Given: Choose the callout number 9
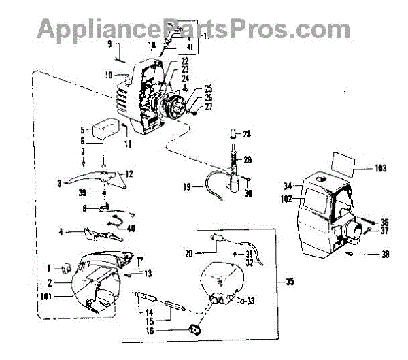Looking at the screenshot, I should click(109, 44).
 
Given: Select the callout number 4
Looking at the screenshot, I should click(61, 232).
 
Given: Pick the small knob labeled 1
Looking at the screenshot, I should click(67, 267).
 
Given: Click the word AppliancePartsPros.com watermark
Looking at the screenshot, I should click(193, 29).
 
